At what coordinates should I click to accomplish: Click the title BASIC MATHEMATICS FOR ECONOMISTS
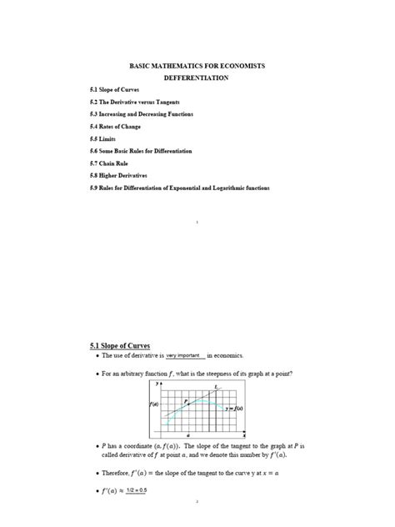(197, 64)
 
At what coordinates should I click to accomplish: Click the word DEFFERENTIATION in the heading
(197, 77)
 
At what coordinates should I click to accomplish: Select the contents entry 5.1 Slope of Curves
(115, 88)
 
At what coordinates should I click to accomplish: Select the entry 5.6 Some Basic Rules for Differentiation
(141, 151)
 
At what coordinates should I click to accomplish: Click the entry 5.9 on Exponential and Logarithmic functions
(179, 188)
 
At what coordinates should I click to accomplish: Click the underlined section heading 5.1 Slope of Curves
(119, 343)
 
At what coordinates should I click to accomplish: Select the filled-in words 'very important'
(185, 355)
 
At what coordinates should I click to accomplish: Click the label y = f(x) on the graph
(234, 409)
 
